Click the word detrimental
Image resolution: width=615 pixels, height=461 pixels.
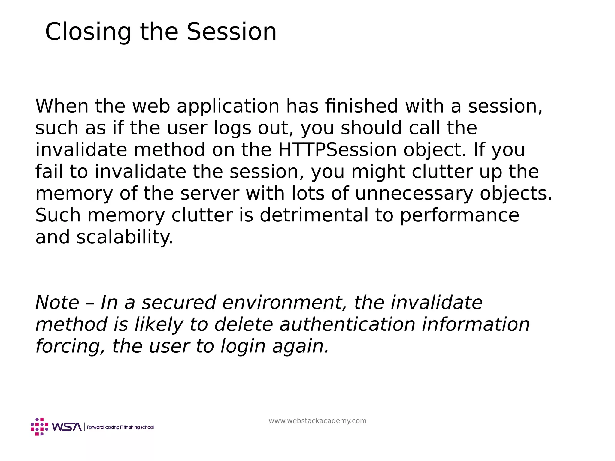[x=314, y=215]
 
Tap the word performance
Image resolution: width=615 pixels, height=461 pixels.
[x=459, y=216]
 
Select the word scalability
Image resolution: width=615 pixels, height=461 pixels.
[x=125, y=237]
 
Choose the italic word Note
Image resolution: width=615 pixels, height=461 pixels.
[x=57, y=303]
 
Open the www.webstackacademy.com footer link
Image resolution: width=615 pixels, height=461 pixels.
[x=317, y=421]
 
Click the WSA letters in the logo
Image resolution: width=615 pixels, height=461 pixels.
[x=67, y=427]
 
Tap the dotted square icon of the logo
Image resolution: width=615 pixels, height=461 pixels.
[x=39, y=427]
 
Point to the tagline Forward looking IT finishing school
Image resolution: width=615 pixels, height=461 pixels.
[x=120, y=427]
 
